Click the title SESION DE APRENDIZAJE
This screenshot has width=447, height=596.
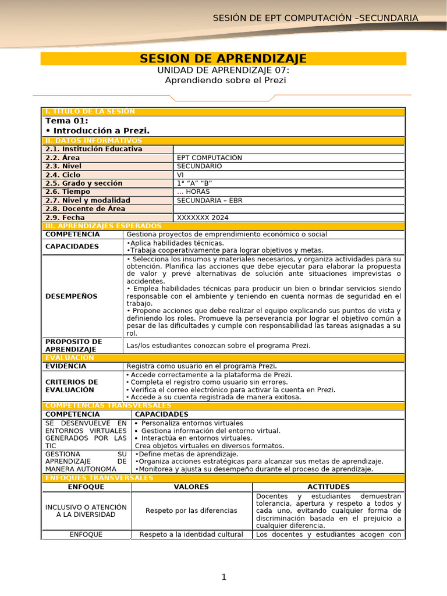point(223,59)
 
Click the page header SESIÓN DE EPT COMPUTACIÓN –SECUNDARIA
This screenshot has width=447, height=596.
point(315,18)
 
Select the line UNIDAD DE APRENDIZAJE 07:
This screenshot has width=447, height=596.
point(223,70)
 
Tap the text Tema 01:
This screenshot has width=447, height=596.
point(67,120)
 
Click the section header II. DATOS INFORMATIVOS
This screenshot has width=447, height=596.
point(94,141)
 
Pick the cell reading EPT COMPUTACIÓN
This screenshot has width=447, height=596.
point(210,158)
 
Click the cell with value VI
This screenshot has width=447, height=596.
point(180,175)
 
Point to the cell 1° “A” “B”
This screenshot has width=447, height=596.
point(195,183)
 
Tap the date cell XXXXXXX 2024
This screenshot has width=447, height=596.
point(203,218)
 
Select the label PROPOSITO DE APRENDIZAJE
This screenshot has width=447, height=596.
point(73,345)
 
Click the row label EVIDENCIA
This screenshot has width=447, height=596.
point(66,367)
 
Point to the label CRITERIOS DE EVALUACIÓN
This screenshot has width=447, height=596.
point(72,386)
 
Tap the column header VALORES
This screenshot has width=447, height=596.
point(191,487)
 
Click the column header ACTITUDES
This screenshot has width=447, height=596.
point(328,487)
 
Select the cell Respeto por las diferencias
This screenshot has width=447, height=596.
point(191,510)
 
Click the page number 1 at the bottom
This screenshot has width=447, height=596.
point(223,577)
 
